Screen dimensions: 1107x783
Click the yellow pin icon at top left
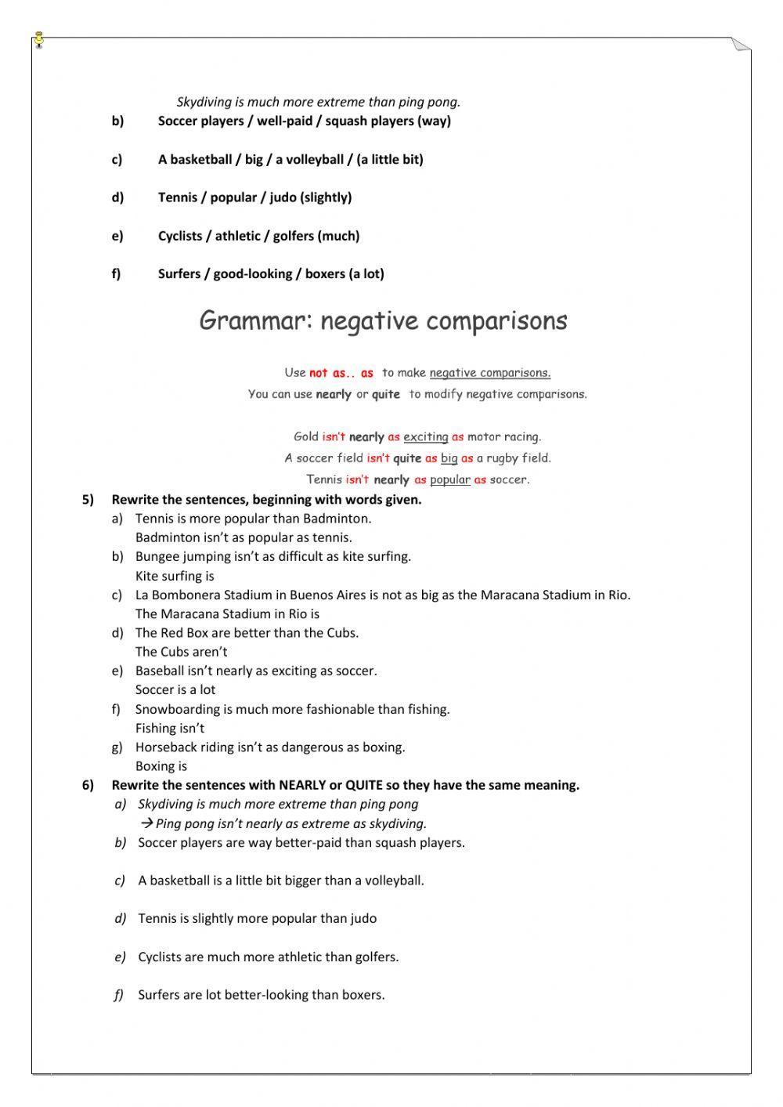(x=38, y=40)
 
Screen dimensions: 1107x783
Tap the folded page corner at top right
(x=740, y=45)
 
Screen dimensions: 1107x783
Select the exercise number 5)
(x=88, y=500)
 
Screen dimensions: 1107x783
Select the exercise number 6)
(x=88, y=785)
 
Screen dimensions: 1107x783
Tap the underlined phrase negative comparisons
(x=489, y=373)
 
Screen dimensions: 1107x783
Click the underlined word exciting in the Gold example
(x=426, y=437)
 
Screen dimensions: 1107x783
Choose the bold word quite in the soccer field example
(x=407, y=458)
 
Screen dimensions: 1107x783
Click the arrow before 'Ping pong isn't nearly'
(x=146, y=823)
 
